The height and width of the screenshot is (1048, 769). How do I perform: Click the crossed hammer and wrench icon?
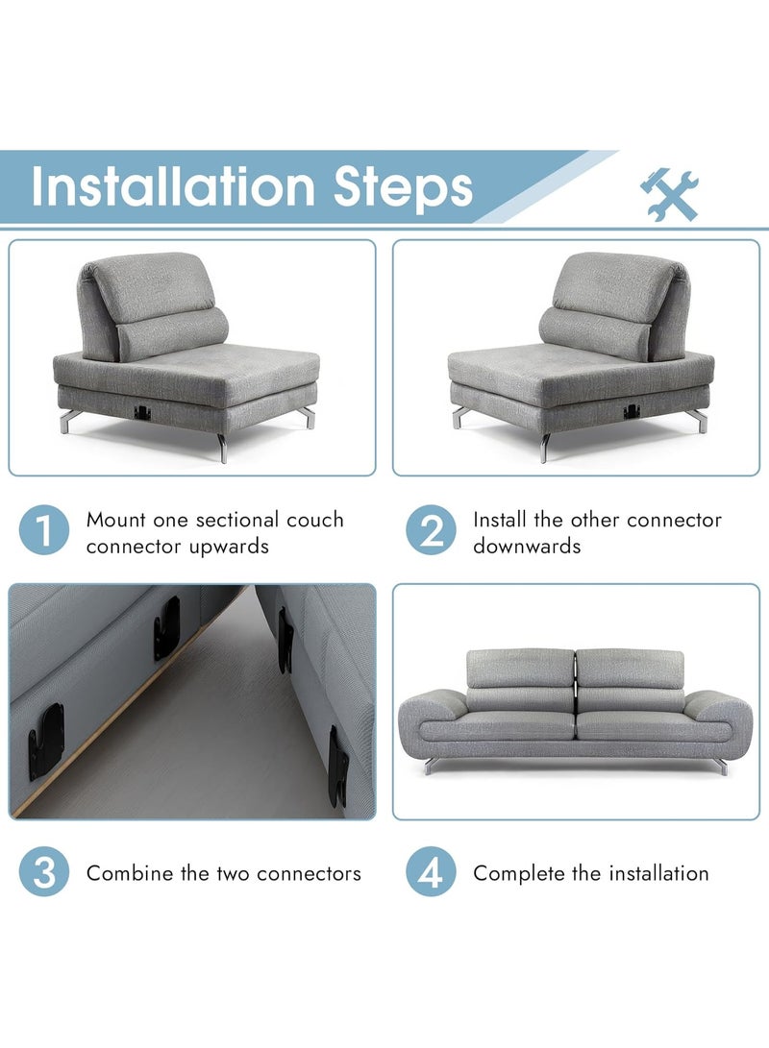[x=669, y=194]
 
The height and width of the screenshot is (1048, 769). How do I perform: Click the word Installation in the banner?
[x=173, y=185]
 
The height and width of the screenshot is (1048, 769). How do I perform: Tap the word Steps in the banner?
[x=403, y=188]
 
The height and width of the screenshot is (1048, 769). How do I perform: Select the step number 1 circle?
[x=44, y=530]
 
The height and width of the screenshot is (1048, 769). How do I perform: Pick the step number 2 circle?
[x=432, y=530]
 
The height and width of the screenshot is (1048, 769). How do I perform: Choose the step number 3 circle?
[x=44, y=871]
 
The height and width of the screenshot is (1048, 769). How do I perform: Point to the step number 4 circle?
[x=432, y=871]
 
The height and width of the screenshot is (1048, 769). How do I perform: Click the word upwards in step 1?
[x=229, y=548]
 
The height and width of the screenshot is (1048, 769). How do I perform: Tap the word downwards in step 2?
[x=527, y=546]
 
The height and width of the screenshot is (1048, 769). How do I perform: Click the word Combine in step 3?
[x=130, y=873]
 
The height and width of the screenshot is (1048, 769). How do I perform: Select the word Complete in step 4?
[x=519, y=873]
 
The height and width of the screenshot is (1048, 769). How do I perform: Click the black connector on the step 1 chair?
[x=141, y=412]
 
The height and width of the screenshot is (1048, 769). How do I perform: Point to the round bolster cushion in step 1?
[x=172, y=331]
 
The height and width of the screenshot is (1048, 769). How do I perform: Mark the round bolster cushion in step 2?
[x=594, y=331]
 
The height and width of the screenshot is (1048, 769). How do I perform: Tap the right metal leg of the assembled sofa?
[x=720, y=766]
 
